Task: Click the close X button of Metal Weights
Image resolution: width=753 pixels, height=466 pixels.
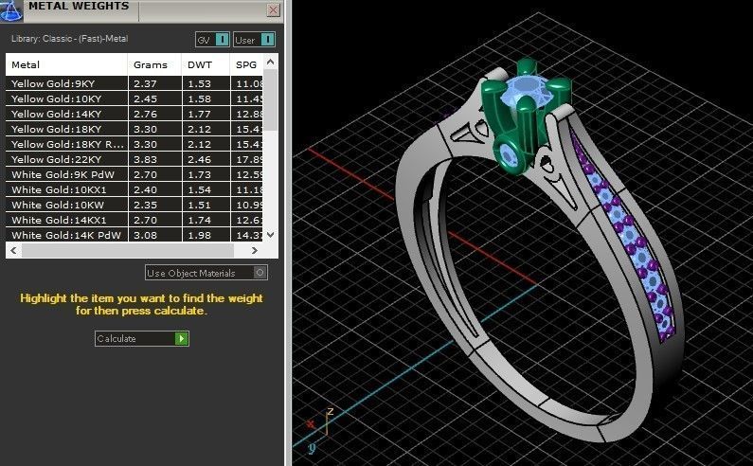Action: tap(274, 10)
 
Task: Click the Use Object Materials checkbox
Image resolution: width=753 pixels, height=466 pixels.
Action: tap(260, 273)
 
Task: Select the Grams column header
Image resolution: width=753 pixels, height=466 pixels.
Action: tap(151, 65)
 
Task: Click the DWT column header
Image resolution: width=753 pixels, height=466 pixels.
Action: tap(200, 65)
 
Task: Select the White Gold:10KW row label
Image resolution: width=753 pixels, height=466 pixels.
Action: tap(47, 205)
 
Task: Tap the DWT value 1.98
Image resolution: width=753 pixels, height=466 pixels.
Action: tap(199, 235)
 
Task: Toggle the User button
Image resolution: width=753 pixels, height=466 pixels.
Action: tap(255, 39)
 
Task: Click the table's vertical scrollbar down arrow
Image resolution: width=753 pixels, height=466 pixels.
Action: tap(271, 234)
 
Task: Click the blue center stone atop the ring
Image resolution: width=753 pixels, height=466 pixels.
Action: tap(524, 93)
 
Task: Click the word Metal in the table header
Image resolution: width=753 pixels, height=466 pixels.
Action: tap(26, 65)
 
